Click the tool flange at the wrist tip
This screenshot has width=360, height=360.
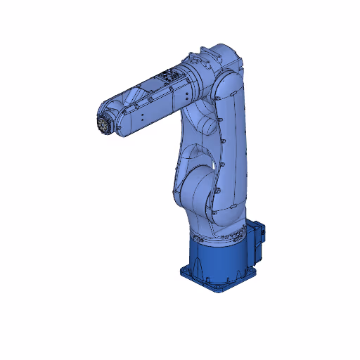(x=103, y=124)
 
